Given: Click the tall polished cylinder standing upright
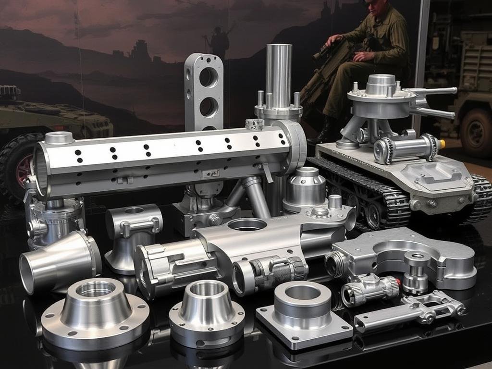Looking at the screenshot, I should click(279, 77).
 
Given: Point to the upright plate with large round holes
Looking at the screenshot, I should click(204, 91).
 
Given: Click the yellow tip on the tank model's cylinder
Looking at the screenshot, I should click(442, 143).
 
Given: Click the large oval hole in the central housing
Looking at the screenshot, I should click(247, 224).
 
